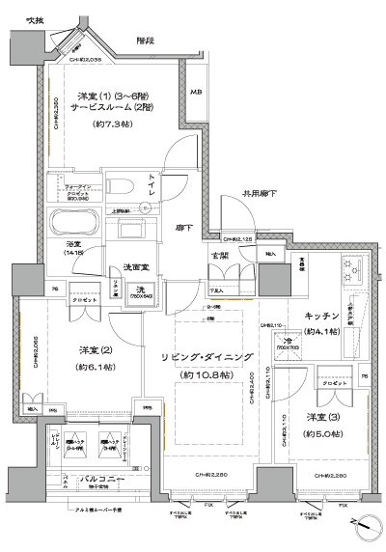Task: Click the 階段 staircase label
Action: click(146, 41)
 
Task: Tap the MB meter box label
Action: click(196, 93)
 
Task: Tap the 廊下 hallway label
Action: click(183, 228)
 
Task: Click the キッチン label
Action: click(320, 317)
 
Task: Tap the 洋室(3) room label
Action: click(321, 416)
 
